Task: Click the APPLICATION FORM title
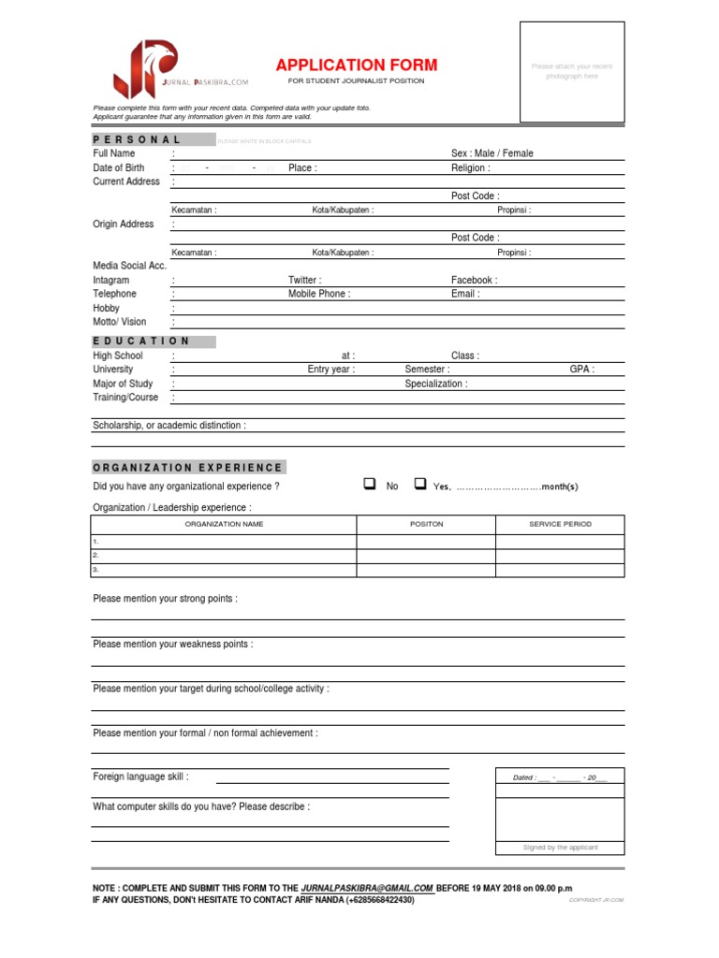coord(356,65)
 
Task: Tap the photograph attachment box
coord(572,73)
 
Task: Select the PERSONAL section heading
coord(137,139)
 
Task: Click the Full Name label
coord(114,153)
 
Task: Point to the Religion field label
coord(470,168)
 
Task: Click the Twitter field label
coord(304,280)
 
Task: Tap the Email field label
coord(465,294)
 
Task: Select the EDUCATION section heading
coord(141,341)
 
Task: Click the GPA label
coord(581,370)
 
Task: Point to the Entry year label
coord(331,370)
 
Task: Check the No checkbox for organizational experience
coord(369,485)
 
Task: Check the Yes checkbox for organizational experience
coord(420,485)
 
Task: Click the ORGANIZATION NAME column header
coord(224,524)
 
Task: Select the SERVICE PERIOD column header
coord(560,524)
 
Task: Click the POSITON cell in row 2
coord(426,555)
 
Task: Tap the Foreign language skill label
coord(140,777)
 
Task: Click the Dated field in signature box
coord(560,777)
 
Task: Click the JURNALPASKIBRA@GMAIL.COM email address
coord(368,887)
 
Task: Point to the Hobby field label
coord(106,308)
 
